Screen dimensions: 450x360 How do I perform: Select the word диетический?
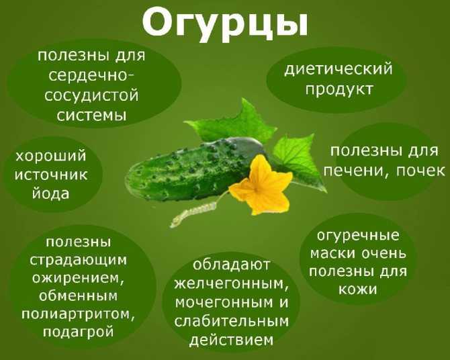338,69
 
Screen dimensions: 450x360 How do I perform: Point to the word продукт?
339,89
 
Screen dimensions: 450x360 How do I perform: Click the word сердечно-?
91,76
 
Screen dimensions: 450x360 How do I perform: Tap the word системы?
91,116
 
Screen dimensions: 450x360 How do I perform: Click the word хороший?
51,156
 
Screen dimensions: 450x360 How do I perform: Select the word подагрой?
79,332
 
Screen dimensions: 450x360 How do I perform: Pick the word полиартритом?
78,314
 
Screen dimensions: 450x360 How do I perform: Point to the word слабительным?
231,322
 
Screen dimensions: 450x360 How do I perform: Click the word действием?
231,341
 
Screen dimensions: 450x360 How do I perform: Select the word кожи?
357,289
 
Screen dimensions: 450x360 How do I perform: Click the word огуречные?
358,236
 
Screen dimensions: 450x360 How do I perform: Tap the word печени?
356,171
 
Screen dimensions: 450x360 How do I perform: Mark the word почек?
420,171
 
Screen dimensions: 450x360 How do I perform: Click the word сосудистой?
91,96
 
